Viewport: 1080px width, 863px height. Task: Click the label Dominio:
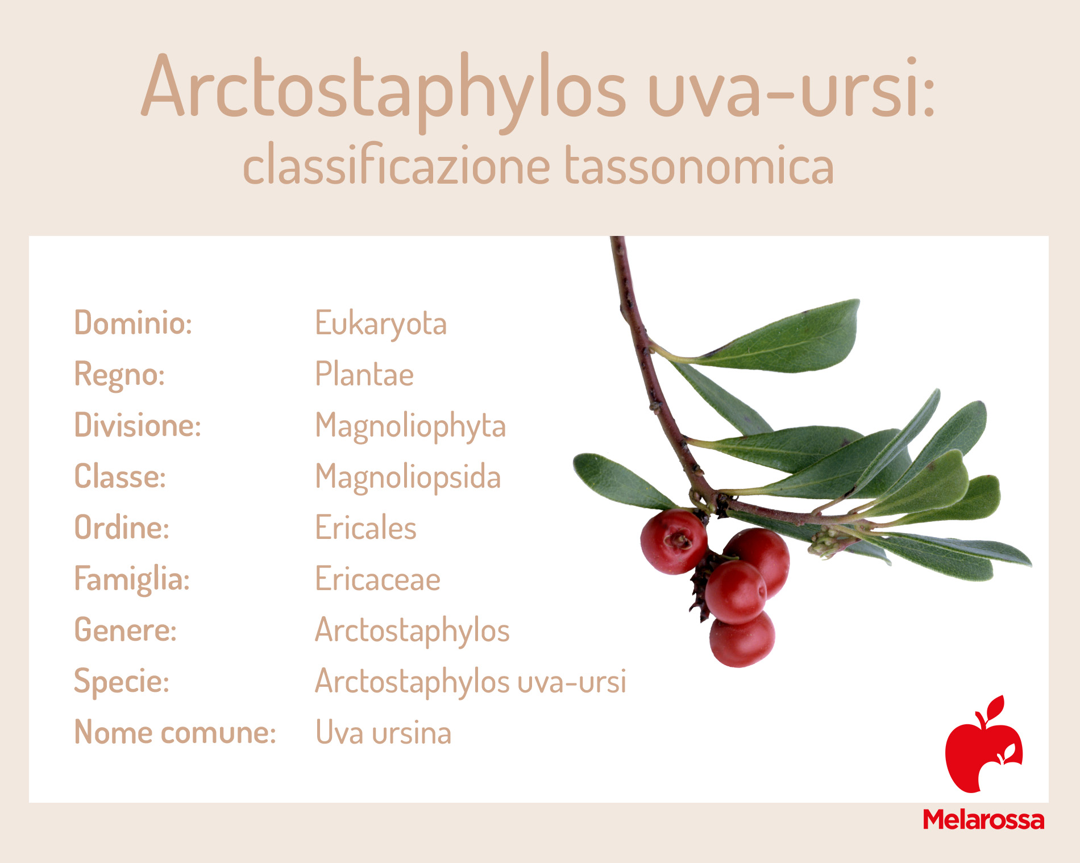tap(133, 323)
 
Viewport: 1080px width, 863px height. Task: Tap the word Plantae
tap(364, 374)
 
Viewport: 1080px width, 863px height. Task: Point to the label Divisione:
tap(138, 425)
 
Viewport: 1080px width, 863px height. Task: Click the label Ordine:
tap(122, 528)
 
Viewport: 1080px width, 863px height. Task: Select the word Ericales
tap(365, 528)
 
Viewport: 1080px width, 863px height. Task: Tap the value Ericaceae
tap(377, 579)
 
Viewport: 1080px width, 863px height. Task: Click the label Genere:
tap(126, 630)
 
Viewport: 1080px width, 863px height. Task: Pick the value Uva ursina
tap(383, 732)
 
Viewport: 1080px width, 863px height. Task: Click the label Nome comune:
tap(175, 732)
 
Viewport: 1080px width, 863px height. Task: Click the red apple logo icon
tap(984, 745)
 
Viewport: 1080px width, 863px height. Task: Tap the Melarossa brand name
tap(983, 820)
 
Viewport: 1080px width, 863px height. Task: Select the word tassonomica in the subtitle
tap(699, 165)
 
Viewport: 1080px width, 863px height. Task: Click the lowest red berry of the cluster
tap(742, 638)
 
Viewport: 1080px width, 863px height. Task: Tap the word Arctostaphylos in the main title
tap(383, 91)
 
